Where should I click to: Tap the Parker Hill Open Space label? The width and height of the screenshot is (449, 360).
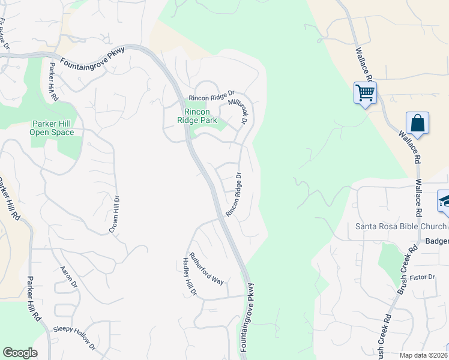pos(52,128)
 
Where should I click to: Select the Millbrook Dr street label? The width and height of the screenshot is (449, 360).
pos(238,112)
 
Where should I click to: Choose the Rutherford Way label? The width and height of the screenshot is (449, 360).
pos(206,268)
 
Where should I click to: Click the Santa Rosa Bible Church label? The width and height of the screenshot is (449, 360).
pos(401,226)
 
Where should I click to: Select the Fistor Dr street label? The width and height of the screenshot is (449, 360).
pos(422,277)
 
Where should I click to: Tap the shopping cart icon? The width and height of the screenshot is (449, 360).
pos(365,93)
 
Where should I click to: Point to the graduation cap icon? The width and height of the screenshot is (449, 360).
pos(445,201)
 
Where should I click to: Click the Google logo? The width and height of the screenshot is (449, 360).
pos(20,353)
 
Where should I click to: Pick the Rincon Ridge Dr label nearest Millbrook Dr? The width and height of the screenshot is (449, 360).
pos(211,97)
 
